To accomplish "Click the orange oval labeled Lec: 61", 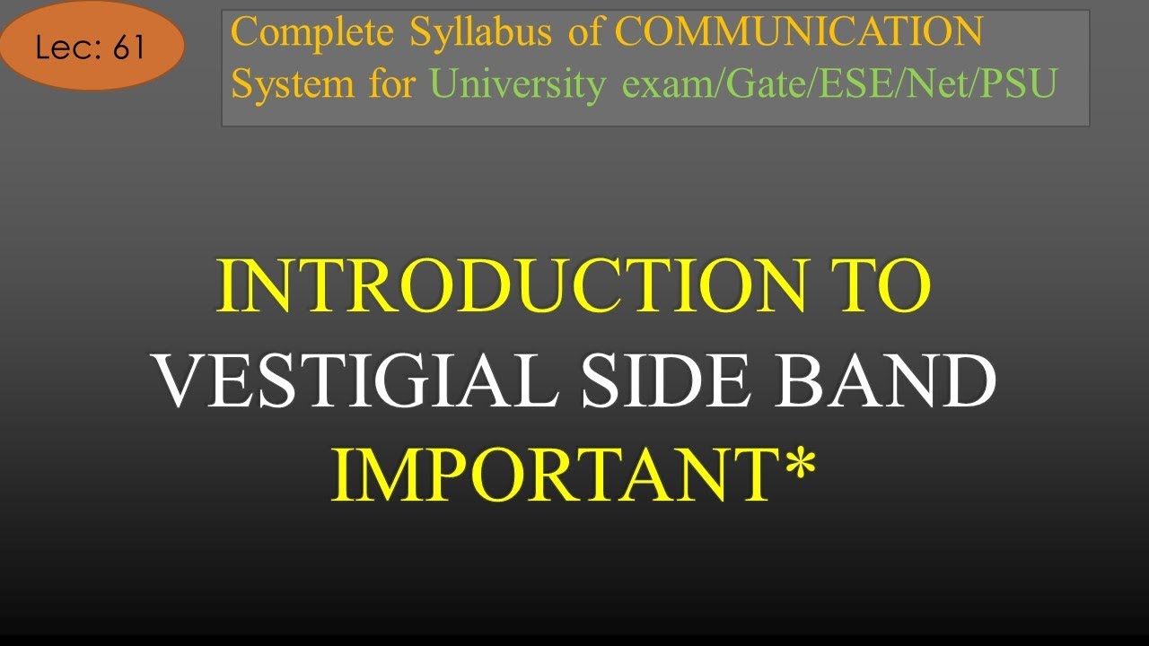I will click(x=92, y=46).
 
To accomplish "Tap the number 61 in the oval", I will click(x=129, y=48).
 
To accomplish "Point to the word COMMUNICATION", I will click(x=799, y=33).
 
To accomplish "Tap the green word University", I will click(x=518, y=84).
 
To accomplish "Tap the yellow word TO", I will click(x=883, y=286).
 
